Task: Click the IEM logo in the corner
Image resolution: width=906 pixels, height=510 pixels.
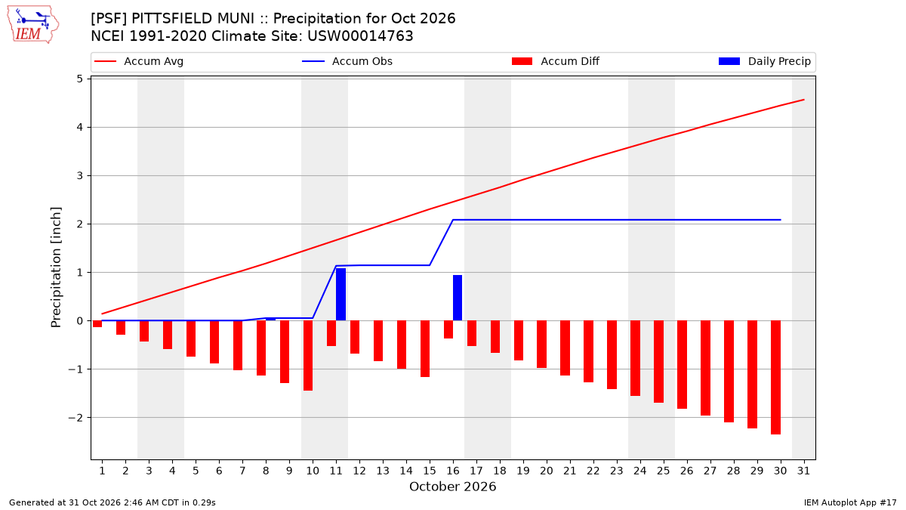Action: pyautogui.click(x=33, y=25)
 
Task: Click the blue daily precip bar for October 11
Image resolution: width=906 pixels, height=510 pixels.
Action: pyautogui.click(x=341, y=294)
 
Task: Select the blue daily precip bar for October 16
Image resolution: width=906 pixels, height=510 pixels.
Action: pyautogui.click(x=458, y=298)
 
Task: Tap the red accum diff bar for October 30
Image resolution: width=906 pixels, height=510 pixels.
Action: pyautogui.click(x=776, y=377)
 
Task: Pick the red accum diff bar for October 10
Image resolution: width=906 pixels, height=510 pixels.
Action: pyautogui.click(x=308, y=355)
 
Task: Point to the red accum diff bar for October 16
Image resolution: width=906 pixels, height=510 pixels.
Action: pyautogui.click(x=448, y=329)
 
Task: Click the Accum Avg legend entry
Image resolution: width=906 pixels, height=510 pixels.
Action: pyautogui.click(x=139, y=61)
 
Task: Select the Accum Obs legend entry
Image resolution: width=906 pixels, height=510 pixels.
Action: pyautogui.click(x=347, y=61)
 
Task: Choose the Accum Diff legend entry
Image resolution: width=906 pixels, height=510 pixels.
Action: pyautogui.click(x=556, y=61)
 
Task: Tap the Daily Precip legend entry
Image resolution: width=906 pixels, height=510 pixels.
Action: pyautogui.click(x=764, y=61)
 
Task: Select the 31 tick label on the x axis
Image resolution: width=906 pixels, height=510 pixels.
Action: pyautogui.click(x=803, y=471)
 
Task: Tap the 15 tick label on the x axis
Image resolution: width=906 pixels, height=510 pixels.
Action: pyautogui.click(x=430, y=471)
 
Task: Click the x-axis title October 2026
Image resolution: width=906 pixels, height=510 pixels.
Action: pyautogui.click(x=452, y=487)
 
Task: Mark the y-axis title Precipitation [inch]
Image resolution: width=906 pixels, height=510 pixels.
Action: pyautogui.click(x=56, y=267)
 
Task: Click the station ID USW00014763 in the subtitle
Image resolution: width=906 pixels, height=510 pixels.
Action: pyautogui.click(x=360, y=36)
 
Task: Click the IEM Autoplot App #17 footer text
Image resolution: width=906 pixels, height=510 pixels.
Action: pyautogui.click(x=850, y=502)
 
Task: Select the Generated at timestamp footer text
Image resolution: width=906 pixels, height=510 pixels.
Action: pyautogui.click(x=112, y=502)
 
